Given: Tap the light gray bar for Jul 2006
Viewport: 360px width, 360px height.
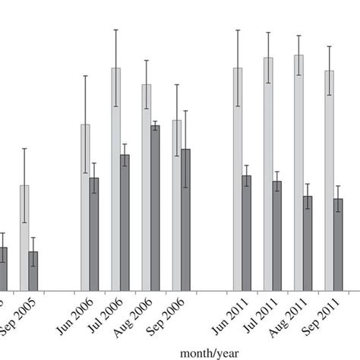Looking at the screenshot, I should tap(115, 178).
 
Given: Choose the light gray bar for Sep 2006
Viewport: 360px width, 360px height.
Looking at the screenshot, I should tap(176, 204).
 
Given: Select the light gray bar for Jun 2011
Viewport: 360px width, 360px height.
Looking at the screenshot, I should tap(238, 178).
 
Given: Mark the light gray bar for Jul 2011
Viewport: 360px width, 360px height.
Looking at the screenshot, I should tap(268, 174).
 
